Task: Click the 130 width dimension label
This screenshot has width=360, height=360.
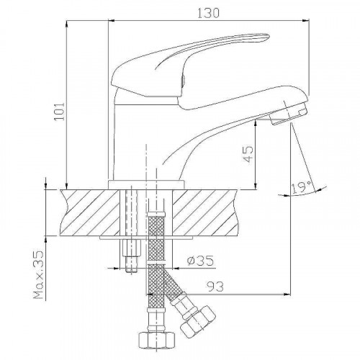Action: [208, 13]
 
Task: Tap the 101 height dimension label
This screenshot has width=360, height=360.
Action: [59, 112]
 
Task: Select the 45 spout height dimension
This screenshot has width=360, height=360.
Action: [248, 154]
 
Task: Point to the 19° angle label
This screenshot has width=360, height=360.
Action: [302, 187]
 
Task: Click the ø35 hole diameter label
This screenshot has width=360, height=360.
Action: [200, 261]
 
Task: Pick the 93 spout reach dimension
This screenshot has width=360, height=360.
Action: [215, 287]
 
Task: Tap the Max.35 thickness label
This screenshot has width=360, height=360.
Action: [38, 275]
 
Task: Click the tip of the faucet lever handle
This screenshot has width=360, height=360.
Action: [269, 37]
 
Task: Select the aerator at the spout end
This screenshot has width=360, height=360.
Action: [289, 113]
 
